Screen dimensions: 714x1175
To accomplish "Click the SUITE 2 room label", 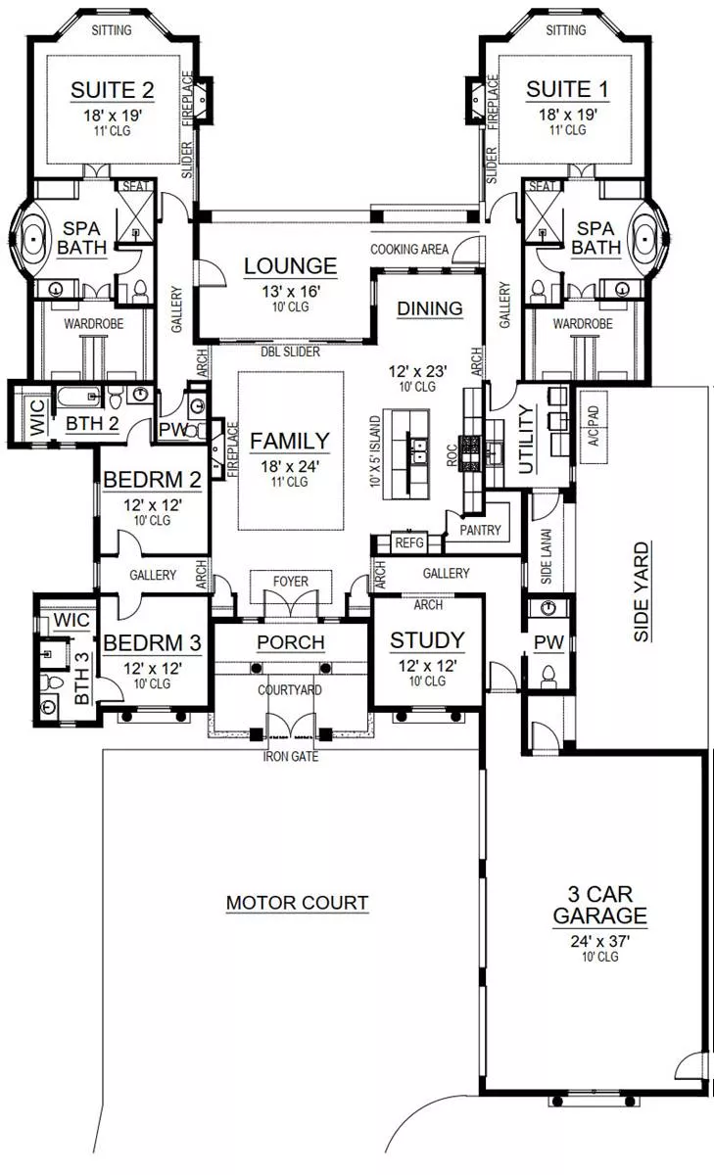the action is tap(113, 90).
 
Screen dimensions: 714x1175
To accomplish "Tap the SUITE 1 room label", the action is tap(567, 89).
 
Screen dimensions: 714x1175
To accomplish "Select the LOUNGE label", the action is tap(290, 266).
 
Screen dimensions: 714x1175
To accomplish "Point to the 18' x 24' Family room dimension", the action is tap(290, 466).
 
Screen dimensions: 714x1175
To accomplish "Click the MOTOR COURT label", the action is tap(297, 903).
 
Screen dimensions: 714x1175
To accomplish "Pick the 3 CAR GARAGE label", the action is tap(599, 905).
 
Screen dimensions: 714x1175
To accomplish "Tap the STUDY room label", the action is tap(428, 640).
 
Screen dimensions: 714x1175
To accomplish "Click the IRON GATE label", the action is tap(291, 756).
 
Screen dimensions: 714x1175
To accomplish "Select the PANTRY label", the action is tap(480, 530).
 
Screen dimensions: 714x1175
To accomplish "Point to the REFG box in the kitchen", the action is tap(409, 542).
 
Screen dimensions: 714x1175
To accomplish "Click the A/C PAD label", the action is tap(594, 426).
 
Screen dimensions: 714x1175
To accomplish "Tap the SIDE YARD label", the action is tap(642, 591).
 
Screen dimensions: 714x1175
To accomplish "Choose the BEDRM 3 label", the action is tap(152, 642).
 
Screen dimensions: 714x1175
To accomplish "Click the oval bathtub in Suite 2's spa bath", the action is tap(33, 239).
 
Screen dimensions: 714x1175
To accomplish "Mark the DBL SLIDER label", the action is tap(290, 352).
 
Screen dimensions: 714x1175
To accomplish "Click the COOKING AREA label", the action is tap(409, 249).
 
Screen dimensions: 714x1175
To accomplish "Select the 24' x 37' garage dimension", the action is tap(599, 942).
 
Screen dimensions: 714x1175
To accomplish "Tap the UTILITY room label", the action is tap(526, 440).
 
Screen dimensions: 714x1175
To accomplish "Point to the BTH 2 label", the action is tap(92, 423).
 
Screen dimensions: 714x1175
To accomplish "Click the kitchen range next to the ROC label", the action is tap(470, 452).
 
